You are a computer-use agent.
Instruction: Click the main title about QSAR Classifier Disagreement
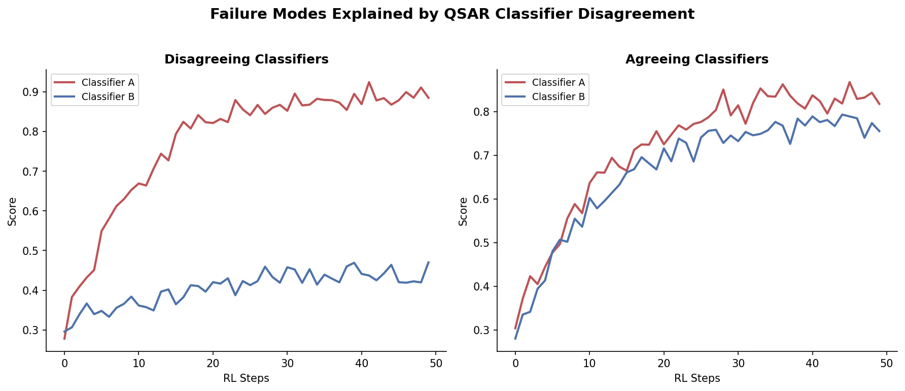click(x=452, y=14)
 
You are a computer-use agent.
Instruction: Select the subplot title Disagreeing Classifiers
click(x=246, y=59)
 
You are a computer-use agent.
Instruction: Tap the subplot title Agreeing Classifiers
click(x=697, y=59)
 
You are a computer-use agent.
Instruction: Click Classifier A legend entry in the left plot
click(x=108, y=82)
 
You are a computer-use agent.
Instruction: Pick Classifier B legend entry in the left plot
click(x=108, y=96)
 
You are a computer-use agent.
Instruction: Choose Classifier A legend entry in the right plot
click(x=558, y=82)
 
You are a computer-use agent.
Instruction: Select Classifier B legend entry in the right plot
click(x=558, y=96)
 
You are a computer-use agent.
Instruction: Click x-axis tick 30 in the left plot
click(x=287, y=363)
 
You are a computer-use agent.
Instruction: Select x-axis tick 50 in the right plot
click(x=886, y=363)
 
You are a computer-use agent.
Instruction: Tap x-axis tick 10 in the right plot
click(x=589, y=363)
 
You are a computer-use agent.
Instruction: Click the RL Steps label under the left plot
click(x=246, y=378)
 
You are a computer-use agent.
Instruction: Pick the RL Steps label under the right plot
click(x=697, y=378)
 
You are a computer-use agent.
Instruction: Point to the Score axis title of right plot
click(x=463, y=211)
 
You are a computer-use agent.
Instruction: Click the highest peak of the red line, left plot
click(x=369, y=82)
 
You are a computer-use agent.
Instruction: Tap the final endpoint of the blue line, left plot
click(x=429, y=262)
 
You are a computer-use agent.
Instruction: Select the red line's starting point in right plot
click(x=515, y=329)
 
